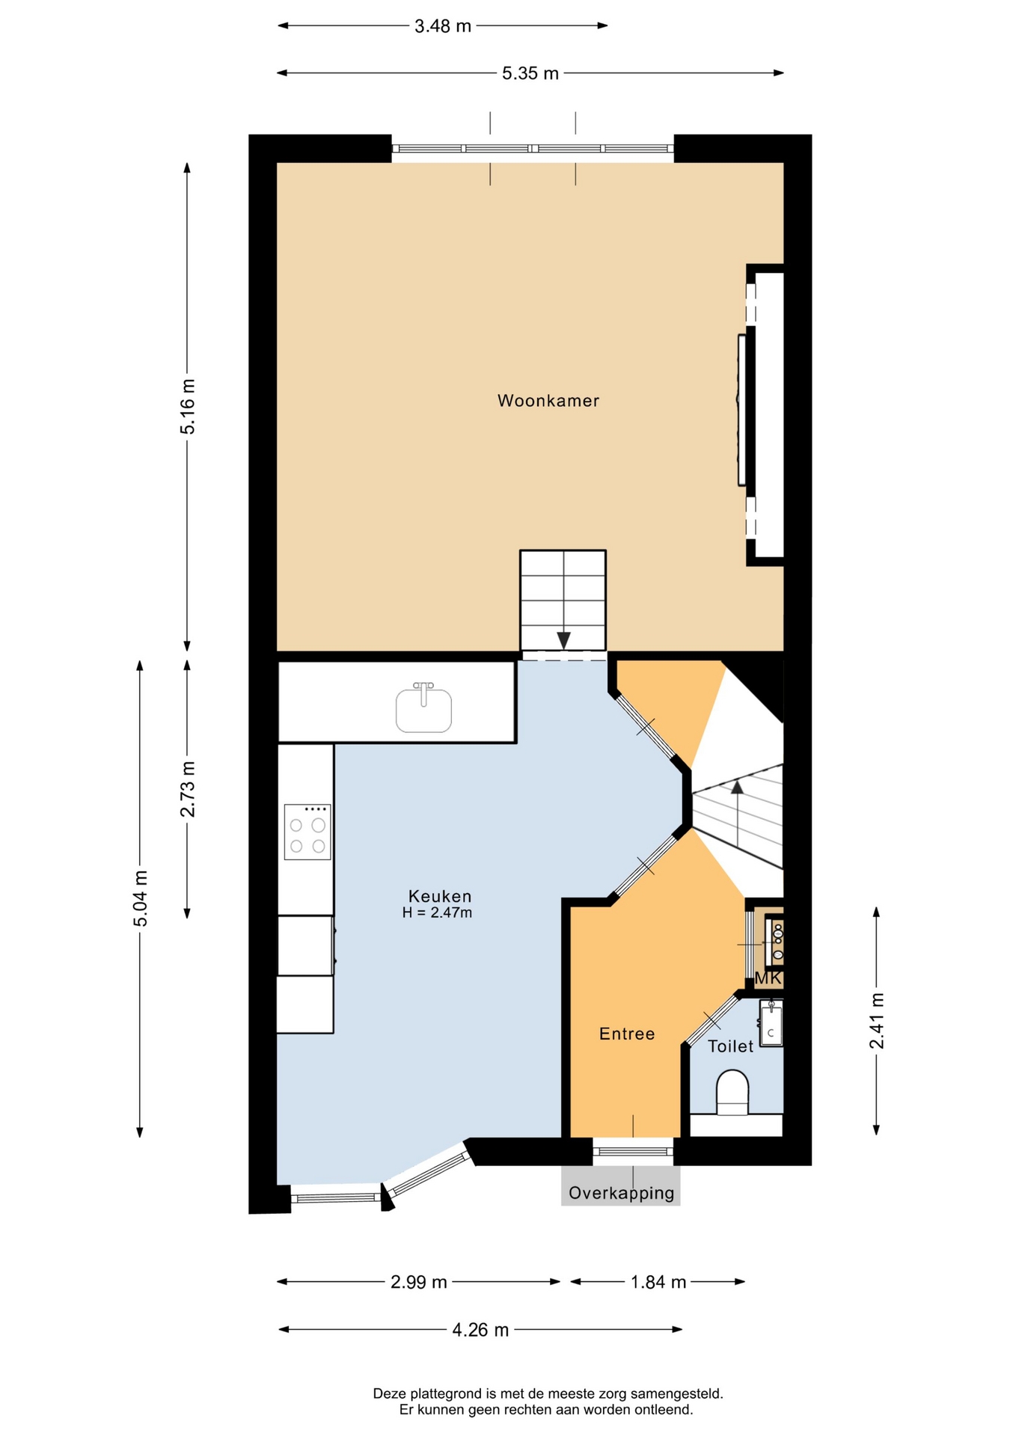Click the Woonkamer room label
click(548, 401)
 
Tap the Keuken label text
click(440, 895)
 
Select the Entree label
click(627, 1034)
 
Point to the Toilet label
click(730, 1046)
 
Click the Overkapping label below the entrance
click(621, 1193)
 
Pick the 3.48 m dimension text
click(443, 26)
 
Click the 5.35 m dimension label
click(530, 73)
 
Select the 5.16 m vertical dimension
click(187, 406)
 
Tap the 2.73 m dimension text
click(187, 789)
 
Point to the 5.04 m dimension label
click(140, 898)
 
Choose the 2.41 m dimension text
click(876, 1021)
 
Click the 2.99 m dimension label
click(419, 1282)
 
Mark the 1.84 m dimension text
click(658, 1282)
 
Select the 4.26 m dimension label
click(480, 1330)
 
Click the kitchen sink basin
click(423, 710)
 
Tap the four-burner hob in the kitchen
click(307, 832)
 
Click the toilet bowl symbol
click(732, 1093)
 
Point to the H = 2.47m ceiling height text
click(437, 912)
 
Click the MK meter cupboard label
click(768, 978)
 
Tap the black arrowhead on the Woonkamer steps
click(563, 640)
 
